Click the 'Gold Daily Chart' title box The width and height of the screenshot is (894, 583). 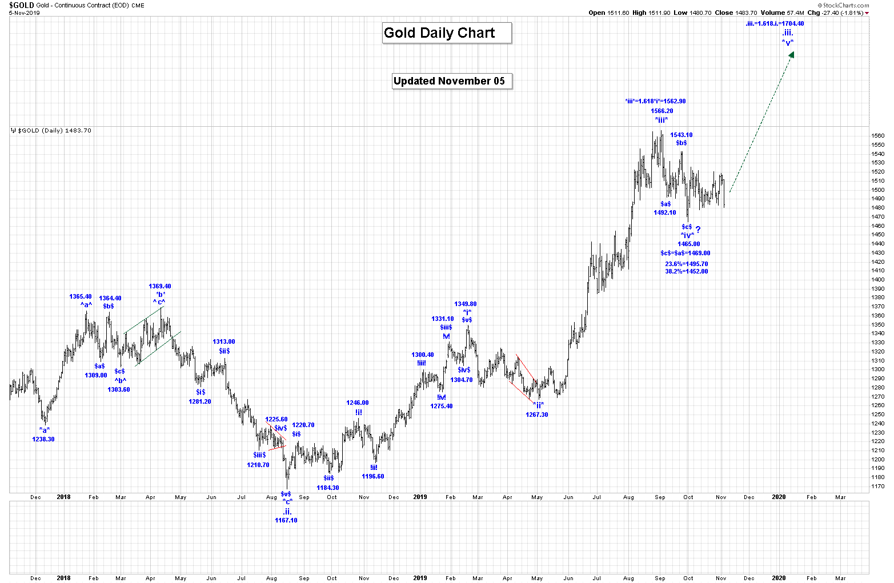tap(447, 33)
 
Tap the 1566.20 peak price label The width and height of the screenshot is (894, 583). tap(662, 111)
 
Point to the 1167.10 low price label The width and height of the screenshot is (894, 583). tap(286, 521)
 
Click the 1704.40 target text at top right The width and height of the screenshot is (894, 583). tap(792, 24)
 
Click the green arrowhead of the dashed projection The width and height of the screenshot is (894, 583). tap(791, 54)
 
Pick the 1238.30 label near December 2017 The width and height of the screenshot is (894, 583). tap(43, 440)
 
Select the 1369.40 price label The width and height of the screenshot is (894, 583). tap(160, 287)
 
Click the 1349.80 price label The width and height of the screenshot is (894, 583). tap(466, 304)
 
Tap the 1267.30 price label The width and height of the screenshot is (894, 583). tap(537, 415)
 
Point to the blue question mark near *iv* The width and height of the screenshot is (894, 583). tap(698, 230)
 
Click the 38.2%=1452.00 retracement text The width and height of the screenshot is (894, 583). tap(686, 272)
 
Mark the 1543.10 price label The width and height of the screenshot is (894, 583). tap(681, 135)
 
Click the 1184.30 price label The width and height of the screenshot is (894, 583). tap(328, 488)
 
